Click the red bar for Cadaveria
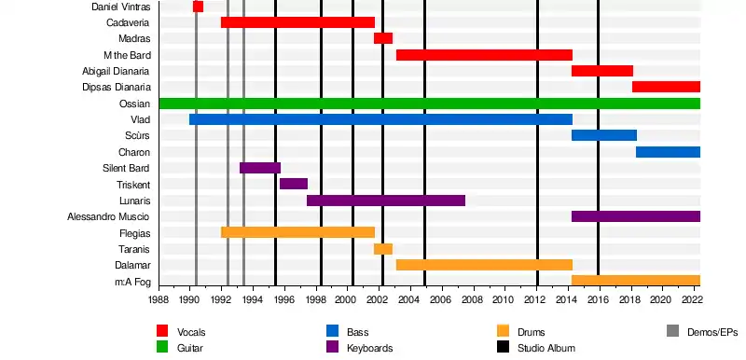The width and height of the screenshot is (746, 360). tap(297, 22)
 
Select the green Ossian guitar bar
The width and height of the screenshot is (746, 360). tap(430, 104)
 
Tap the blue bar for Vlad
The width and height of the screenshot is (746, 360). tap(380, 119)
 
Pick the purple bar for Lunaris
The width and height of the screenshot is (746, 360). tap(386, 201)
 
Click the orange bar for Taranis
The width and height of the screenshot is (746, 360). tap(383, 249)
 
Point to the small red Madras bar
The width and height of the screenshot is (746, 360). tap(383, 38)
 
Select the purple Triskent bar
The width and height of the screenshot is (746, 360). tap(294, 184)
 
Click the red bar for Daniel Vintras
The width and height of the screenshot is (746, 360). tap(198, 7)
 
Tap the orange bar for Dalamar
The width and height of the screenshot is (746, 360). tap(484, 265)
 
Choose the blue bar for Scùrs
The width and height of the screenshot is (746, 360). tap(604, 135)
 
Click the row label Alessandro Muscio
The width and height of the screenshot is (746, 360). tap(108, 217)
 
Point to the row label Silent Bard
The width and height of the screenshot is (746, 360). tap(126, 168)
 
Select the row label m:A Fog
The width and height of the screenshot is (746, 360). tap(132, 282)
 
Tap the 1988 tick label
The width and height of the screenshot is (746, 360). tap(159, 299)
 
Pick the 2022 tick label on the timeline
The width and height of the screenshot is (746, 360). tap(691, 299)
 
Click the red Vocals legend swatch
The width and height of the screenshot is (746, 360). tap(162, 331)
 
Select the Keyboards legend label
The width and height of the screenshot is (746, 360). tap(369, 348)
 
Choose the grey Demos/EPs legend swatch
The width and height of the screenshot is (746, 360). tap(673, 331)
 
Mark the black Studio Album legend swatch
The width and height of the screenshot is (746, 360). tap(503, 347)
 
